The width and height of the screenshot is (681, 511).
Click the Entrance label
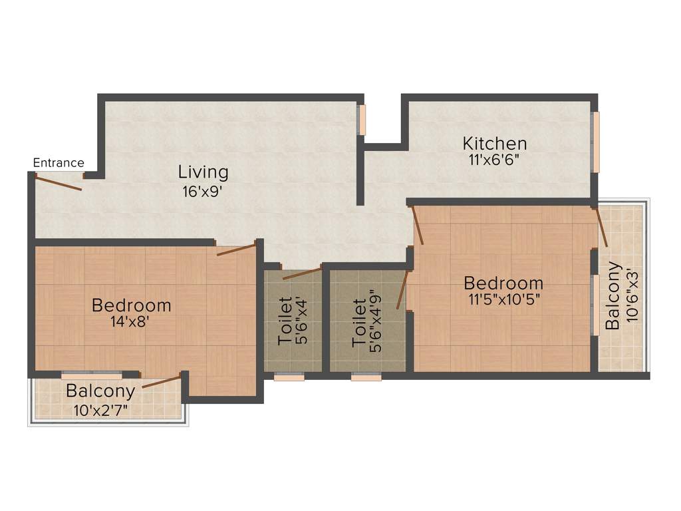(59, 163)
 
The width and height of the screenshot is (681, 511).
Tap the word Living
(203, 172)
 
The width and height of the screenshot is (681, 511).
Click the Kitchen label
(495, 144)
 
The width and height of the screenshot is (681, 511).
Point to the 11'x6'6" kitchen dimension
(495, 160)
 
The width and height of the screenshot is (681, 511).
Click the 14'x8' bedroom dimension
(132, 322)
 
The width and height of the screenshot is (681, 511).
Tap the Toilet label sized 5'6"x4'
(285, 321)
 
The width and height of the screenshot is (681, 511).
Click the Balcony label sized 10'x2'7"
(100, 391)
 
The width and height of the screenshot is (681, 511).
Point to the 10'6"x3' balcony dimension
(632, 296)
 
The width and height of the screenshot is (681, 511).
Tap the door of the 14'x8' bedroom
(237, 250)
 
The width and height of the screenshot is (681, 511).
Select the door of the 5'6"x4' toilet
(302, 273)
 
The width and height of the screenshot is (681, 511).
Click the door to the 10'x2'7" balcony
(162, 382)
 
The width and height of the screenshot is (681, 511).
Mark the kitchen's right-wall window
(596, 142)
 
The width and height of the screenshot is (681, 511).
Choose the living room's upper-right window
(362, 120)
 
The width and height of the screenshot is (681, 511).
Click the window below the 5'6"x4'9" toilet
(366, 377)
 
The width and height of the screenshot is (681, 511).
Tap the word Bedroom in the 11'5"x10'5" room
(503, 283)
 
